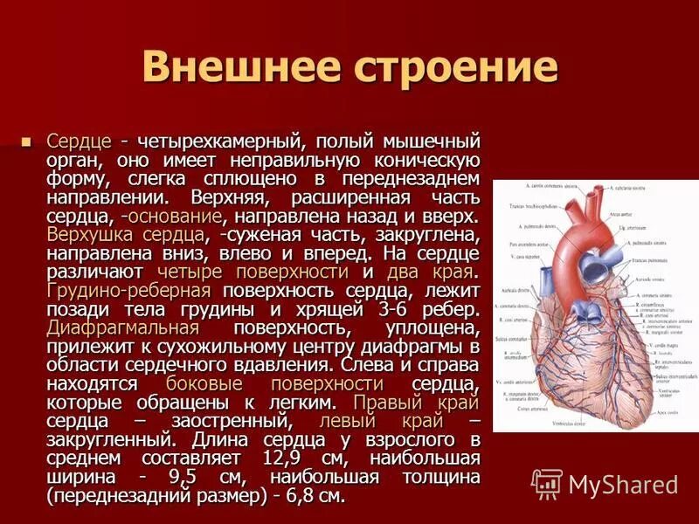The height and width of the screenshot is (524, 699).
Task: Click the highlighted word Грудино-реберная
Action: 128,291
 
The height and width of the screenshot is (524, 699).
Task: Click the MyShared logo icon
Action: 547,484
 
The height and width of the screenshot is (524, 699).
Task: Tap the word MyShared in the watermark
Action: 623,485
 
